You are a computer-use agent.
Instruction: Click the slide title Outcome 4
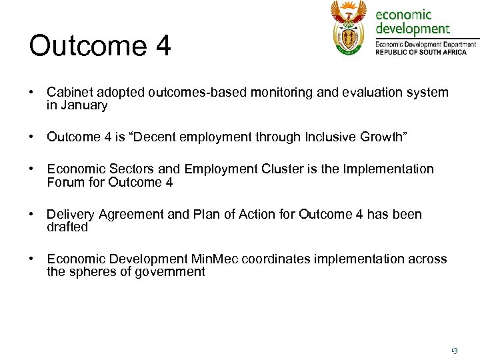[100, 46]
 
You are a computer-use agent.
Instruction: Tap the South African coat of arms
[349, 27]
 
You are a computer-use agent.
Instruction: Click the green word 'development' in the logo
[413, 29]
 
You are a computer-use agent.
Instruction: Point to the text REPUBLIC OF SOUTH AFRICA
[421, 51]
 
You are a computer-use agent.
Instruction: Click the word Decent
[151, 137]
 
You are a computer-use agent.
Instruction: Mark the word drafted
[67, 227]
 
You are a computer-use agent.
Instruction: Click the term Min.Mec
[214, 259]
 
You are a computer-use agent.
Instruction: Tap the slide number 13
[454, 349]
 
